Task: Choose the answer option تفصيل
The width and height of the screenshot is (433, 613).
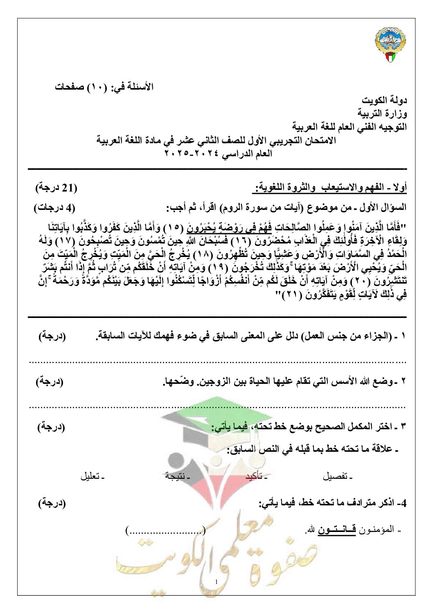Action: click(x=338, y=477)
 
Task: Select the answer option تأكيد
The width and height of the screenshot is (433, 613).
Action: click(x=259, y=477)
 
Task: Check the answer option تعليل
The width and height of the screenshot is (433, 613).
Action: click(x=92, y=477)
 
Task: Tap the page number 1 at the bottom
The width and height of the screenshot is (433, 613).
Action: click(x=216, y=581)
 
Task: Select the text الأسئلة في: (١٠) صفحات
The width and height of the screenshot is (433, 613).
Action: click(x=104, y=87)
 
